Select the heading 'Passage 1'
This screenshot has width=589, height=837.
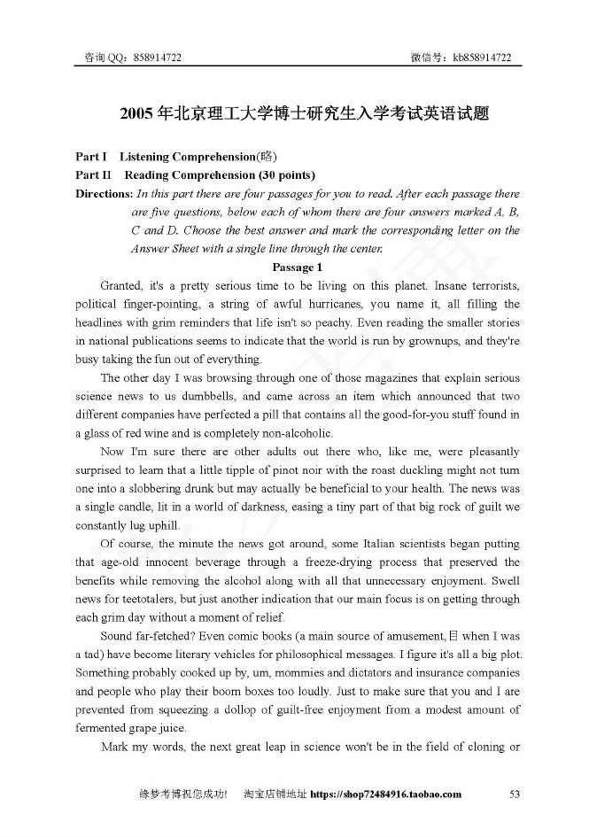297,267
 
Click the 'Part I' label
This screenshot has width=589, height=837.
91,157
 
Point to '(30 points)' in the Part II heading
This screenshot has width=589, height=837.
283,174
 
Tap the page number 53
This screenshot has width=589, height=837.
515,794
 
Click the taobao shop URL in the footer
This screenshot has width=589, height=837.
386,794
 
